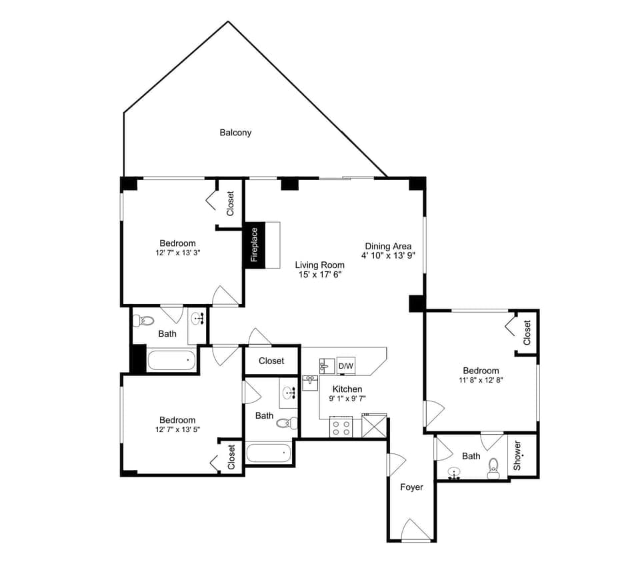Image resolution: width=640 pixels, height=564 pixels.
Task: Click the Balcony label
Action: [x=235, y=133]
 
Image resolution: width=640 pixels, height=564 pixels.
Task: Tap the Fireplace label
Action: [x=254, y=245]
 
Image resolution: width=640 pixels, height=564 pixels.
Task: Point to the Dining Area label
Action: [x=388, y=246]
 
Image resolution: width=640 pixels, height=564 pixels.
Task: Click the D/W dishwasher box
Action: [x=346, y=366]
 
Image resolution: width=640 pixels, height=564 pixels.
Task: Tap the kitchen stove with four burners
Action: [x=341, y=427]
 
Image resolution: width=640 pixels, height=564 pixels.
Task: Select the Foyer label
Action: [x=411, y=487]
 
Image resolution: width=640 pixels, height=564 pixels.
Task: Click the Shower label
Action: [x=517, y=455]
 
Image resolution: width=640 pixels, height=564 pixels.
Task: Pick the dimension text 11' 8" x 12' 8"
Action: [x=480, y=381]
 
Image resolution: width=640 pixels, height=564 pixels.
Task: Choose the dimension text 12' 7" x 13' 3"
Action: [x=177, y=253]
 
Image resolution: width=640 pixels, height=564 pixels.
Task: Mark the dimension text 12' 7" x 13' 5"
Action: [x=177, y=429]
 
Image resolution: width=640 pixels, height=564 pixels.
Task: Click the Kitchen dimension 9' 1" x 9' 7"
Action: [x=347, y=399]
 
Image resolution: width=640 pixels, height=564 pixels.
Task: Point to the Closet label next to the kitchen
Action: [x=271, y=361]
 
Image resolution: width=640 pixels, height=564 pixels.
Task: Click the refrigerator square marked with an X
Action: [x=374, y=425]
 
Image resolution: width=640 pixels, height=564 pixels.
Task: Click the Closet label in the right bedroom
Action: [x=527, y=333]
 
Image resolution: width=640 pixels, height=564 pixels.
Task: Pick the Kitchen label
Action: [x=347, y=389]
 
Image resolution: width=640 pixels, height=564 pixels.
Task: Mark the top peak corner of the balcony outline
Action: [x=229, y=22]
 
